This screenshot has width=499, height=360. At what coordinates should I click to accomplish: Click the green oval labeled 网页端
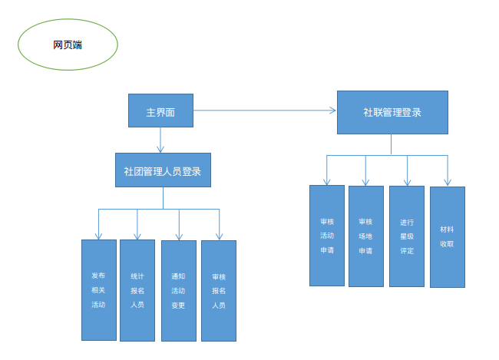point(68,45)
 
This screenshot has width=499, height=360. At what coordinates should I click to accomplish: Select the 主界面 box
point(160,111)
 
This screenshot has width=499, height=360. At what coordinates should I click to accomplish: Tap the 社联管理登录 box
point(392,112)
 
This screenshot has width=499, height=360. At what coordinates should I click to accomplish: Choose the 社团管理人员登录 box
point(163,170)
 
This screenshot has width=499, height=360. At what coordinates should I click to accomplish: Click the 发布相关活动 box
point(98,290)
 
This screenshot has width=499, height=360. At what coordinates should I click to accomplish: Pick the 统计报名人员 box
point(137,290)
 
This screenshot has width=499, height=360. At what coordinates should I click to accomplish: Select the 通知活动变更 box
point(179,291)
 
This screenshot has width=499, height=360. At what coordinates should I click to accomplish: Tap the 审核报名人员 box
point(219,291)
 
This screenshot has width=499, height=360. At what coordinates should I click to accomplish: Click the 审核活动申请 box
point(327,235)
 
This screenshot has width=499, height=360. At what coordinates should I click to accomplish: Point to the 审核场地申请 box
point(366,236)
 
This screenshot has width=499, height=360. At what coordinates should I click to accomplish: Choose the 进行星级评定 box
point(407,236)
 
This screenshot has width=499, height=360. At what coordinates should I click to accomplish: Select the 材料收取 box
point(447,236)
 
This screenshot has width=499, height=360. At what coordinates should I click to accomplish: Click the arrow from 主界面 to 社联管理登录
point(265,111)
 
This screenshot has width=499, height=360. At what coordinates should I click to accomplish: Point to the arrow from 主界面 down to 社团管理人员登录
point(160,140)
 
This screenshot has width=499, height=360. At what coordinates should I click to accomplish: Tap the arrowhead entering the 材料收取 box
point(447,182)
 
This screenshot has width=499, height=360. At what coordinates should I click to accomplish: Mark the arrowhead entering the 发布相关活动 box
point(98,236)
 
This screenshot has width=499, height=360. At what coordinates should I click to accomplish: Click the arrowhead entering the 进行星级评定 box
point(407,181)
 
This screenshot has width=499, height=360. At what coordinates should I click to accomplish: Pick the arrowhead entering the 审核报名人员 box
point(219,236)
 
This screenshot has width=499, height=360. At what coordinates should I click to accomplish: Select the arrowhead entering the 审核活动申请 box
point(327,181)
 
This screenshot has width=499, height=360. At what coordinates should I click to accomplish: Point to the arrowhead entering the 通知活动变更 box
point(179,236)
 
